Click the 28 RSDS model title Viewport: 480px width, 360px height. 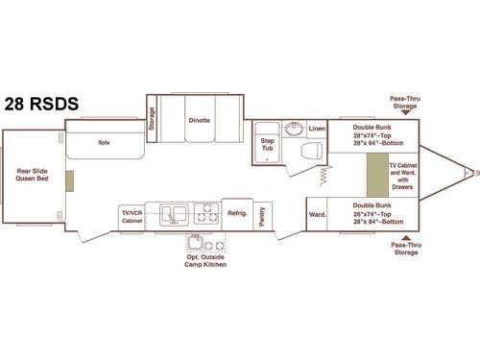40,105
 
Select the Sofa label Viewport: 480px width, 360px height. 104,141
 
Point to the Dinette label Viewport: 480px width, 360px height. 200,121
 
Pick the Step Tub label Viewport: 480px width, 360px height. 267,144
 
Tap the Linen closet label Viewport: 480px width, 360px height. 317,129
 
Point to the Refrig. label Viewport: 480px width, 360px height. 236,214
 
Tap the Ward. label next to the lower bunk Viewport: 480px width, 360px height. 316,216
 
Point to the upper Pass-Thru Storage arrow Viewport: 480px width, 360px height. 404,112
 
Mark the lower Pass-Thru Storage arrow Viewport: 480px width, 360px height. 404,237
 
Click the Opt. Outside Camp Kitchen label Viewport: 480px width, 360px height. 205,258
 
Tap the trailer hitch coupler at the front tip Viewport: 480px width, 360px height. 468,174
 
